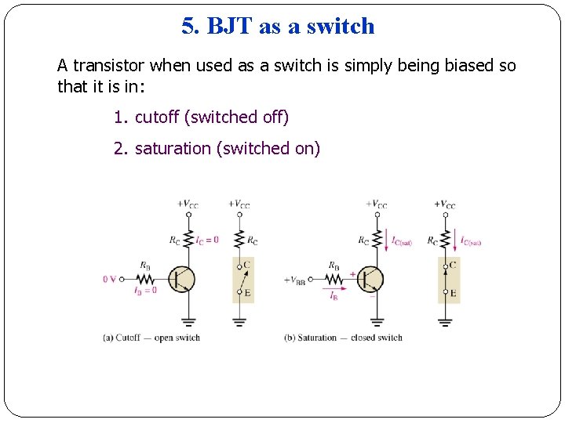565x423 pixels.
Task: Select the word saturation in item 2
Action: click(173, 149)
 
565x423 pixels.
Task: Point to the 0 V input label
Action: click(110, 279)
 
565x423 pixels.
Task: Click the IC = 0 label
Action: click(206, 240)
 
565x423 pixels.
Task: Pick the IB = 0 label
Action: click(146, 291)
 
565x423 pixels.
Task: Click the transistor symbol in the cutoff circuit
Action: click(182, 279)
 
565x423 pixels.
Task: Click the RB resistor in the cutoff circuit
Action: click(145, 279)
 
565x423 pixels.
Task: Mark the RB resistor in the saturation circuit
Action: click(334, 279)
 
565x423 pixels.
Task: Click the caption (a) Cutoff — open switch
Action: click(151, 338)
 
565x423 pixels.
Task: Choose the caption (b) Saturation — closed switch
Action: click(343, 338)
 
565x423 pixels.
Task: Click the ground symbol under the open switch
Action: click(239, 321)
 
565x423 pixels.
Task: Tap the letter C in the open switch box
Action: click(246, 265)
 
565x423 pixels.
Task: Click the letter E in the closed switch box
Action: click(453, 293)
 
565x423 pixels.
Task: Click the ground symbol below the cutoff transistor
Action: click(188, 321)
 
